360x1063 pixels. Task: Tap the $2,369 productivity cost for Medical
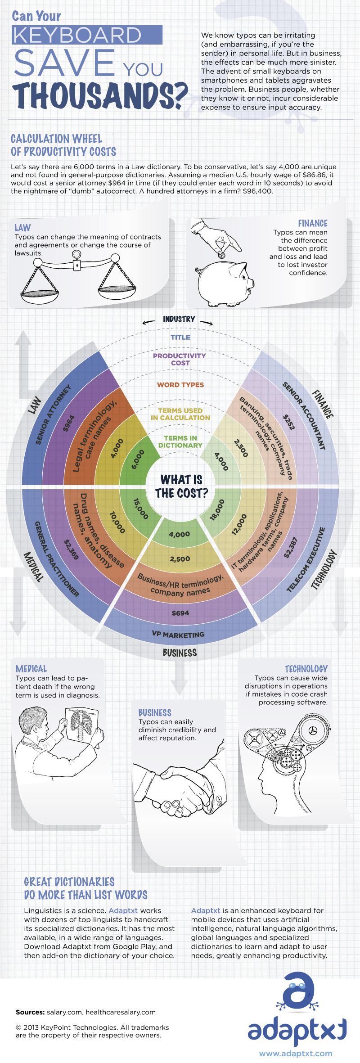click(71, 549)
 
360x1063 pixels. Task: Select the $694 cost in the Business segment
click(180, 613)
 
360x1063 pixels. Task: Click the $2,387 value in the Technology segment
click(291, 547)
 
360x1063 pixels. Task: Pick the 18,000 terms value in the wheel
click(217, 509)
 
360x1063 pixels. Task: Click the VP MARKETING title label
click(178, 635)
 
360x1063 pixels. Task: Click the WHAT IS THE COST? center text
click(181, 486)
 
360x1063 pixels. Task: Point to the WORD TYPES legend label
click(180, 385)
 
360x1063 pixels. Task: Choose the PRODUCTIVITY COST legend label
click(180, 359)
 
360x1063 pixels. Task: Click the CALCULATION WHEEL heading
click(57, 139)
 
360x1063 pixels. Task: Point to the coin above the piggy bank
click(222, 255)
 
